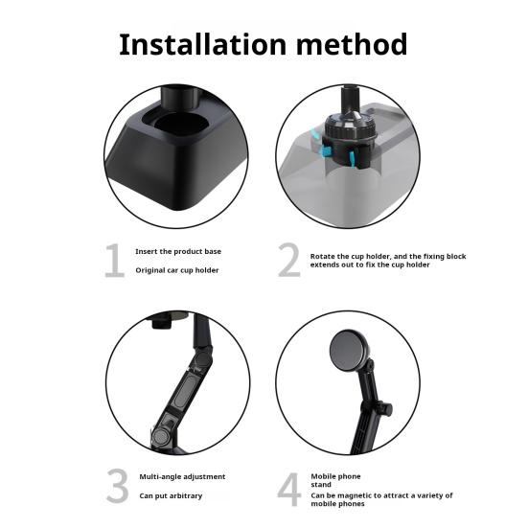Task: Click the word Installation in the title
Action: [x=203, y=44]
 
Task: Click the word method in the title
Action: [x=352, y=44]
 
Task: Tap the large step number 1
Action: [x=114, y=261]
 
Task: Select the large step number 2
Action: [x=289, y=260]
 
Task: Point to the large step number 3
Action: [x=118, y=485]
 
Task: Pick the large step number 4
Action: [x=289, y=490]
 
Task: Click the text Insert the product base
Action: [x=178, y=251]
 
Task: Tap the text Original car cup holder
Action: [x=177, y=270]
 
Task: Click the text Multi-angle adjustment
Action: [x=182, y=477]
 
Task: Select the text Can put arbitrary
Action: [x=171, y=496]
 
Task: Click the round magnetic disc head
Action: [x=348, y=350]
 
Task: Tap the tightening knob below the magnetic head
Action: [x=384, y=408]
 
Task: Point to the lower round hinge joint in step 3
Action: [x=161, y=437]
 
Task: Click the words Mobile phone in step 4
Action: [x=335, y=476]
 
